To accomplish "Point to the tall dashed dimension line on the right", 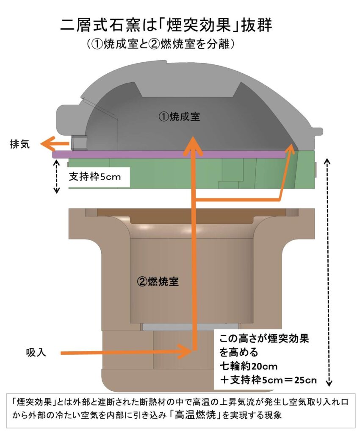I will click(x=328, y=271).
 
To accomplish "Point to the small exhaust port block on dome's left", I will click(x=78, y=143).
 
